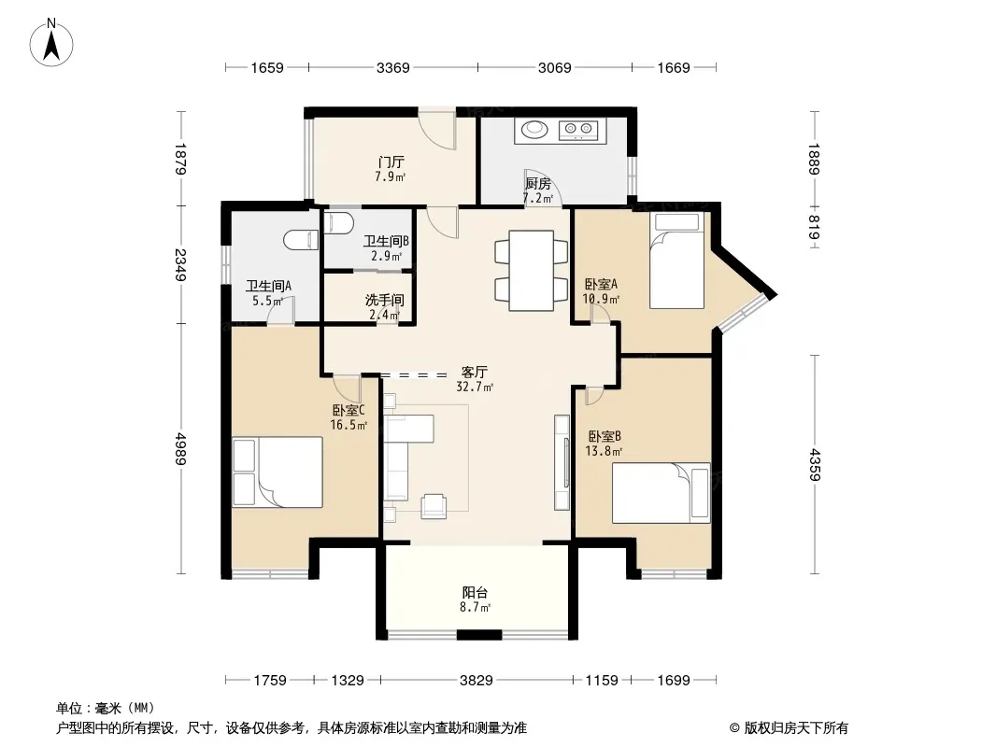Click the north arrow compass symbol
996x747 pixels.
(x=51, y=43)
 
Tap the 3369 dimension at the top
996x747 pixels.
(x=393, y=67)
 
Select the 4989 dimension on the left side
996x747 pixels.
(x=181, y=449)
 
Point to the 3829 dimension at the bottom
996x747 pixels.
(x=477, y=681)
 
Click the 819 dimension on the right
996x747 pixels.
(x=814, y=228)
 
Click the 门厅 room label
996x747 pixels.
(x=391, y=162)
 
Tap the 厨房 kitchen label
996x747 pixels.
(x=538, y=184)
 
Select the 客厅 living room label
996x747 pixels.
(x=475, y=372)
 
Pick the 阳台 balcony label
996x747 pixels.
(x=475, y=593)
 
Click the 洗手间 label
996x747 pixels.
(x=384, y=300)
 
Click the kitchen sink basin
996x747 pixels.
(x=534, y=129)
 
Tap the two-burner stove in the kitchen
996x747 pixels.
(x=578, y=130)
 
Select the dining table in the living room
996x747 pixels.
(x=532, y=271)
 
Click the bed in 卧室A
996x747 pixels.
(x=676, y=261)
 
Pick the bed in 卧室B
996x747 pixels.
(x=662, y=493)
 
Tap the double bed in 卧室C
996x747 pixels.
(x=277, y=472)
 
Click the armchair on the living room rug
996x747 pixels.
(x=435, y=504)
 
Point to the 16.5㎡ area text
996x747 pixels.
(x=349, y=425)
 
